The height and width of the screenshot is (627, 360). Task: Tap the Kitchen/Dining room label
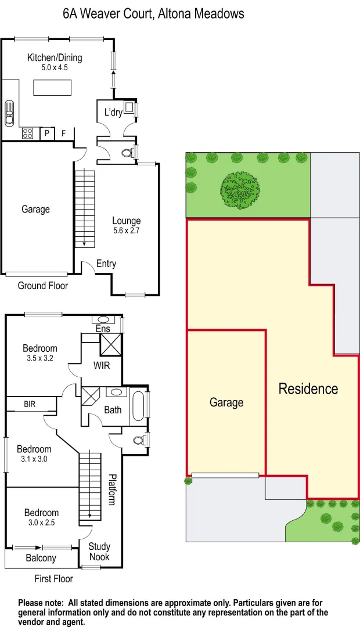click(x=55, y=57)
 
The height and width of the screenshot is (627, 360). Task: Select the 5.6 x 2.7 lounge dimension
click(x=126, y=231)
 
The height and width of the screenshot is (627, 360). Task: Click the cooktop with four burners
click(x=28, y=134)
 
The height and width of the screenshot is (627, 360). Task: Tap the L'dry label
click(x=113, y=113)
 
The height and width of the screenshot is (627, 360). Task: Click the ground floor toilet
click(x=128, y=153)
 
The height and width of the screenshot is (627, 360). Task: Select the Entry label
click(x=106, y=264)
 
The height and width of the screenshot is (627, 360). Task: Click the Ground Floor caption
click(x=42, y=286)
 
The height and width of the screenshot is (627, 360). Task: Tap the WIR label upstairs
click(x=102, y=366)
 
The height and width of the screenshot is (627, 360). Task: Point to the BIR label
click(x=30, y=403)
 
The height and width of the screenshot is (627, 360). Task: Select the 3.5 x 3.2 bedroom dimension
click(x=40, y=358)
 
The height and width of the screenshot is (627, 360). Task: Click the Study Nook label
click(x=99, y=552)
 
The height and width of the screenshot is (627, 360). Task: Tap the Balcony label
click(x=41, y=558)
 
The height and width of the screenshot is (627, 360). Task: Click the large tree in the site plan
click(x=240, y=189)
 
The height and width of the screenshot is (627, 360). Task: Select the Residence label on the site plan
click(x=308, y=388)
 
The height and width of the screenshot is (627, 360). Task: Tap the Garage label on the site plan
click(x=226, y=402)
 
